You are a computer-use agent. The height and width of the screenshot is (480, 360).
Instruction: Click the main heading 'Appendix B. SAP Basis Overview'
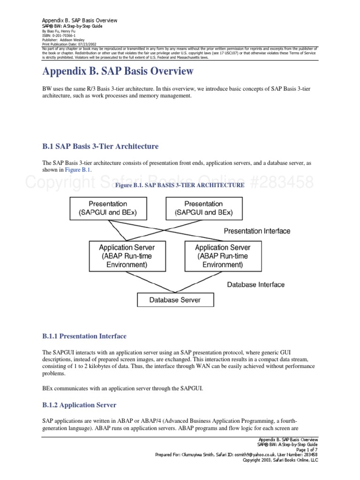pos(118,72)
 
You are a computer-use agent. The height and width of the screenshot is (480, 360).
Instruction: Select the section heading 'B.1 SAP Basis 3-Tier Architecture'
pos(100,146)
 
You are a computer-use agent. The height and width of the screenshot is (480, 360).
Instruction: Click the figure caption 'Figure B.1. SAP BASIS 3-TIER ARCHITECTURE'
pos(180,185)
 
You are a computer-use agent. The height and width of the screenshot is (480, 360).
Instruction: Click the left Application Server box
pos(127,256)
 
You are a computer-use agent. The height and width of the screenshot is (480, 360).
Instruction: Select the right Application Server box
pos(223,256)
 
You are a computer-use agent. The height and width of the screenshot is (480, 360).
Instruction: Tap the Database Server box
pos(175,300)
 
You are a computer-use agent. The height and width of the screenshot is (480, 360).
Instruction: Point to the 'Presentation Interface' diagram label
pos(257,231)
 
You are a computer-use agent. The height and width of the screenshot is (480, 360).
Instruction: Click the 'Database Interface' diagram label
pos(255,285)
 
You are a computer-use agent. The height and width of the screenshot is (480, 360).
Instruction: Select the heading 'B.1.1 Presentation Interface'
pos(84,336)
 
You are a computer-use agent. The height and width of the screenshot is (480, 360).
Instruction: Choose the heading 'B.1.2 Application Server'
pos(79,405)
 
